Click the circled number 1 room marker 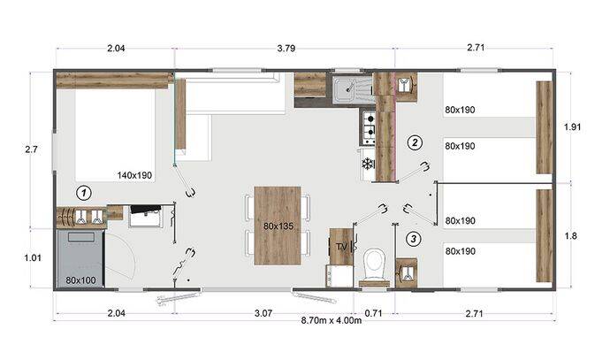pyautogui.click(x=84, y=193)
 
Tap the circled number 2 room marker pyautogui.click(x=415, y=142)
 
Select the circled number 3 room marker pyautogui.click(x=414, y=239)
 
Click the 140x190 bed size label pyautogui.click(x=134, y=175)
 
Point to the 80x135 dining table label pyautogui.click(x=278, y=226)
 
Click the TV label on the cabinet pyautogui.click(x=341, y=247)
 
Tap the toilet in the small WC pyautogui.click(x=374, y=264)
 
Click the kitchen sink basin pyautogui.click(x=345, y=88)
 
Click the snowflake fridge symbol pyautogui.click(x=367, y=164)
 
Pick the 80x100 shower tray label pyautogui.click(x=80, y=280)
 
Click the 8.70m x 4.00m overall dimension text pyautogui.click(x=332, y=320)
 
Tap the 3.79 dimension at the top pyautogui.click(x=286, y=49)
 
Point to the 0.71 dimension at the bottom pyautogui.click(x=374, y=313)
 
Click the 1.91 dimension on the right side pyautogui.click(x=572, y=126)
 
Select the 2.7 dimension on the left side pyautogui.click(x=31, y=149)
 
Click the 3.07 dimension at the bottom pyautogui.click(x=263, y=313)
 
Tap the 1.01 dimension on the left pyautogui.click(x=33, y=257)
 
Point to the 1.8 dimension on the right pyautogui.click(x=571, y=235)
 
